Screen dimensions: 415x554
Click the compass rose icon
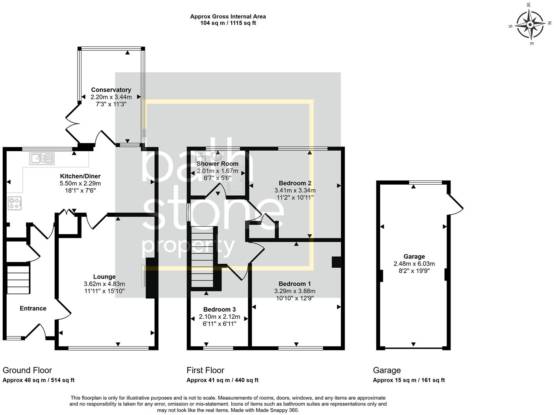pyautogui.click(x=530, y=24)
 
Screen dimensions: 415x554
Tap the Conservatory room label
pyautogui.click(x=111, y=90)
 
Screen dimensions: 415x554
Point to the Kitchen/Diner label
pyautogui.click(x=80, y=176)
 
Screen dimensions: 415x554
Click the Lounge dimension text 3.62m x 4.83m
pyautogui.click(x=104, y=284)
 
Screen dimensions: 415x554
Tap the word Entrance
pyautogui.click(x=33, y=308)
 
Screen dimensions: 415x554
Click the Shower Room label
pyautogui.click(x=217, y=163)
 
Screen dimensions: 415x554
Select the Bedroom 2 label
pyautogui.click(x=295, y=183)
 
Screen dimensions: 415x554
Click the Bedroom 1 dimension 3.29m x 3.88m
pyautogui.click(x=295, y=291)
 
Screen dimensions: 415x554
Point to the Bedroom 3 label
pyautogui.click(x=220, y=309)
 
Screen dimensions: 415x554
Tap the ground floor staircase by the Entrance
pyautogui.click(x=18, y=279)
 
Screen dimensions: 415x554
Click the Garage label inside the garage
pyautogui.click(x=414, y=257)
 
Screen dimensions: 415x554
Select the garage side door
pyautogui.click(x=455, y=203)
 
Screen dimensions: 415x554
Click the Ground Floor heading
pyautogui.click(x=27, y=370)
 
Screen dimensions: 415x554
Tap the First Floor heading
pyautogui.click(x=205, y=370)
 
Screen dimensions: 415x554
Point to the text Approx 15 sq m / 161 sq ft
pyautogui.click(x=409, y=380)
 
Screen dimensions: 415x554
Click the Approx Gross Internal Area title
pyautogui.click(x=228, y=17)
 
